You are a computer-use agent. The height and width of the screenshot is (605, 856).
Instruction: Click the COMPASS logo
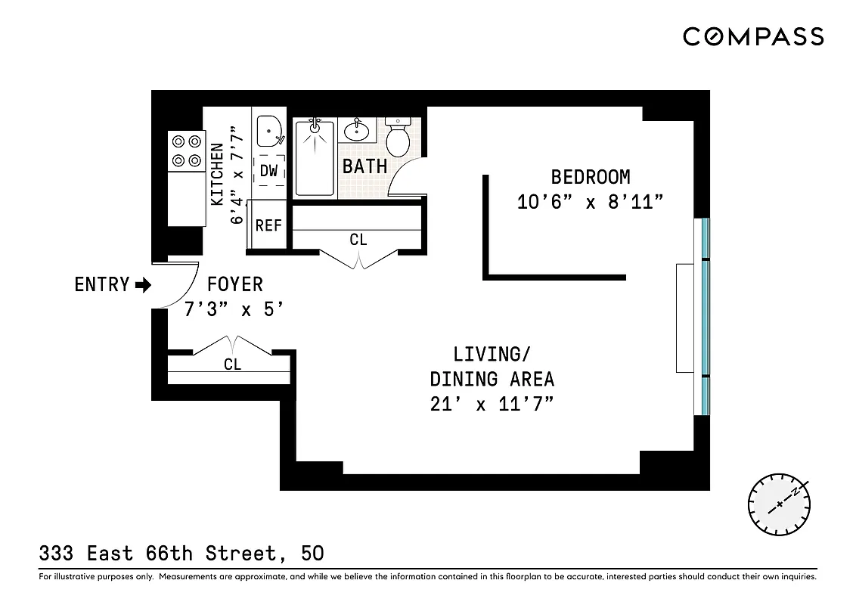(753, 36)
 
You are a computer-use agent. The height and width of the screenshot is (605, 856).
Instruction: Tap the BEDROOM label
(590, 177)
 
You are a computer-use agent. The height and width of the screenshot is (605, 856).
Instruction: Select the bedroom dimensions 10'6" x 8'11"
(590, 202)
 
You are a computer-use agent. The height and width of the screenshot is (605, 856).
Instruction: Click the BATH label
(364, 166)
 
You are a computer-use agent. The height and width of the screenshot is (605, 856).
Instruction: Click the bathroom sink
(356, 131)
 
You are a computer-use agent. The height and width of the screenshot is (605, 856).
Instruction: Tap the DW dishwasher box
(269, 172)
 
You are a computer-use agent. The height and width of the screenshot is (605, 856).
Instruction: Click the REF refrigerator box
(268, 225)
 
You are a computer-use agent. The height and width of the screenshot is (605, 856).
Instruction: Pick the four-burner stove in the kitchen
(186, 150)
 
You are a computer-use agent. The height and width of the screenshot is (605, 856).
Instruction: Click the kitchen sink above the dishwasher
(269, 132)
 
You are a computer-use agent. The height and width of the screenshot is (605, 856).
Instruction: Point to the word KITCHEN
(217, 174)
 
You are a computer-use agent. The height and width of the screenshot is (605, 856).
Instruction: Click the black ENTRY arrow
(143, 285)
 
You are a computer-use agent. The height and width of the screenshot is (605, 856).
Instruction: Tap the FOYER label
(235, 284)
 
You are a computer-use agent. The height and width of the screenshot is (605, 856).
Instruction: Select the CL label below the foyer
(232, 365)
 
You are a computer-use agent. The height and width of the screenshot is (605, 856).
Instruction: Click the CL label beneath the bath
(358, 240)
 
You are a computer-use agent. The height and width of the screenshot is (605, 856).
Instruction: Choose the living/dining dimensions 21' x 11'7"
(492, 404)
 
